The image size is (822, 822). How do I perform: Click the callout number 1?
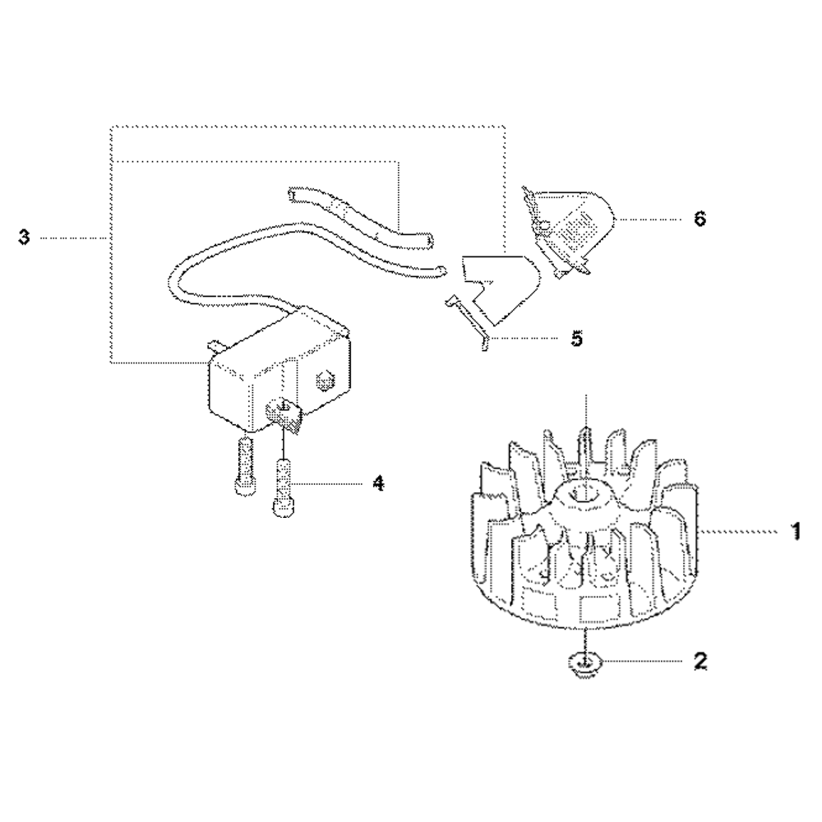coord(794,533)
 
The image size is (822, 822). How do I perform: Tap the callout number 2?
coord(700,661)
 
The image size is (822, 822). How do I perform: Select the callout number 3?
coord(24,238)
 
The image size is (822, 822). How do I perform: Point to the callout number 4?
coord(378,483)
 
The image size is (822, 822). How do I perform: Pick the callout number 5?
coord(578,338)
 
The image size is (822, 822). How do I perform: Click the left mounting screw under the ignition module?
coord(243,467)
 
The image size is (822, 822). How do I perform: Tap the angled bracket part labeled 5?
coord(496,292)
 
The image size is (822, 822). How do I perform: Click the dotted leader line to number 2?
coord(641,661)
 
